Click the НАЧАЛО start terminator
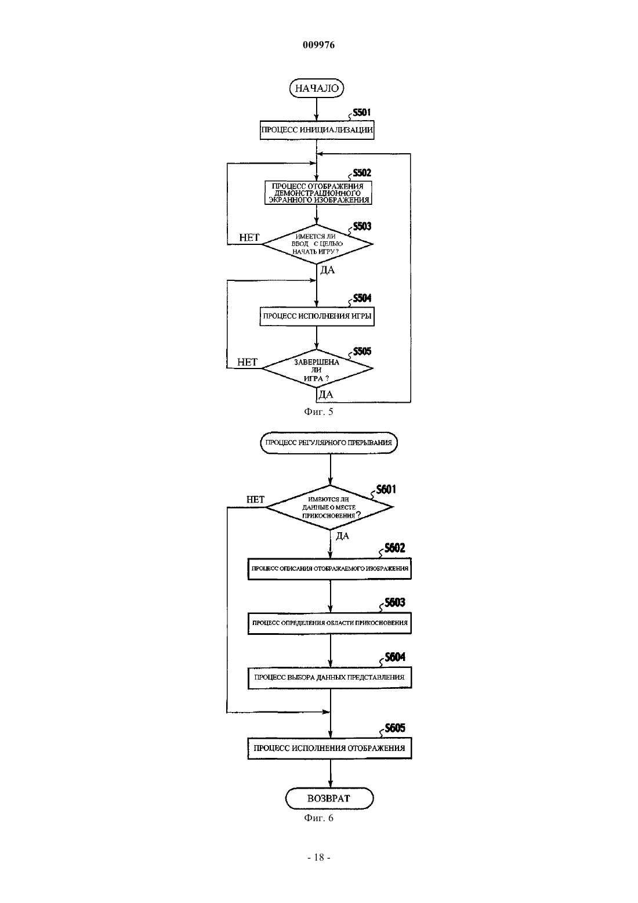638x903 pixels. point(317,88)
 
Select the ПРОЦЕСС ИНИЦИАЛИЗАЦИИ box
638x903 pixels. point(317,130)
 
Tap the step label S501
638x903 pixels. point(361,113)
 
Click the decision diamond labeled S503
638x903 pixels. point(317,244)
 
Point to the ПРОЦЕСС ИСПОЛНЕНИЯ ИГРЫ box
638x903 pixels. point(317,316)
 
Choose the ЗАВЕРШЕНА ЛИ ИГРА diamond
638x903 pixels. point(317,368)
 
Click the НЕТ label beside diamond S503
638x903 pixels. point(249,237)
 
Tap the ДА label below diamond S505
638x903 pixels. point(326,394)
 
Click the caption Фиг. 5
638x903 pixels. point(318,411)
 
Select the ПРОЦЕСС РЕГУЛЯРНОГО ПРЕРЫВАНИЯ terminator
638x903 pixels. point(329,443)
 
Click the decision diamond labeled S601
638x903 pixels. point(329,507)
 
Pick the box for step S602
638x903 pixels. point(329,569)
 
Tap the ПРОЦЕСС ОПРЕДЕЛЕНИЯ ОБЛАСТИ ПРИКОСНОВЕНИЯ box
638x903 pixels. point(329,623)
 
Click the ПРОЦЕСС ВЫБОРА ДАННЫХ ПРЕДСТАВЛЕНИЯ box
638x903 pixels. point(329,677)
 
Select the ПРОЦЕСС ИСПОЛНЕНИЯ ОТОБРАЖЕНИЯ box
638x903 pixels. point(329,748)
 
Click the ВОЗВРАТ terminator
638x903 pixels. point(329,798)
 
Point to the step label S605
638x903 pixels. point(395,728)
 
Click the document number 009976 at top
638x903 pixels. point(318,45)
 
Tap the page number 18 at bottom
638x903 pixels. point(319,858)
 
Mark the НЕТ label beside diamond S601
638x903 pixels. point(255,500)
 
